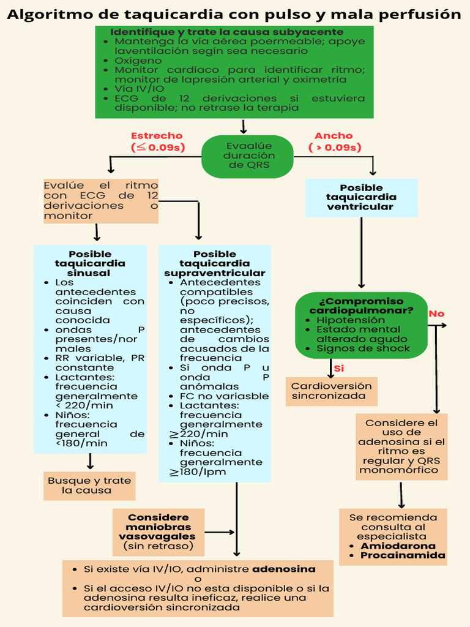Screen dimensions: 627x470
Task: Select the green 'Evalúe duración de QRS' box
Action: coord(248,156)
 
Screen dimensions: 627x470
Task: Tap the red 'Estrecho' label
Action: coord(157,136)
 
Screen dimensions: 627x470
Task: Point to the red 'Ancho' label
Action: coord(334,136)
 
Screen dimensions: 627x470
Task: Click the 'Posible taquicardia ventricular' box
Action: coord(361,197)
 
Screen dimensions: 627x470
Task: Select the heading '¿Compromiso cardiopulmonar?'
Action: coord(361,306)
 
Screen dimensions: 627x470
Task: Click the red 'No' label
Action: coord(436,314)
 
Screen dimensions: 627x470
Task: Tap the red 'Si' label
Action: coord(338,369)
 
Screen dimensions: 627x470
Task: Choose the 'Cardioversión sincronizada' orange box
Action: coord(331,391)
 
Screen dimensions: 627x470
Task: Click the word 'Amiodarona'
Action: coord(398,546)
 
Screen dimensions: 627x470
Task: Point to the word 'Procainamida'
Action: coord(403,556)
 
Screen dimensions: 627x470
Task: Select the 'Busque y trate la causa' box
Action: coord(89,486)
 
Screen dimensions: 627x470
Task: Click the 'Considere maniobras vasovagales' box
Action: coord(158,531)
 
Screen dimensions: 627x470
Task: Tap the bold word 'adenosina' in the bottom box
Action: coord(284,569)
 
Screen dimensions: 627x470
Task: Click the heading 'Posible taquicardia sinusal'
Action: coord(90,263)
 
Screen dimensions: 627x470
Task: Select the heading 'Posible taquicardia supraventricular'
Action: coord(214,263)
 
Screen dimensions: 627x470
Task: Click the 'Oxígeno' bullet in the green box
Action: coord(138,61)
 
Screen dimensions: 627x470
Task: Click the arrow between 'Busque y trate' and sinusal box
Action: coord(91,462)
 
